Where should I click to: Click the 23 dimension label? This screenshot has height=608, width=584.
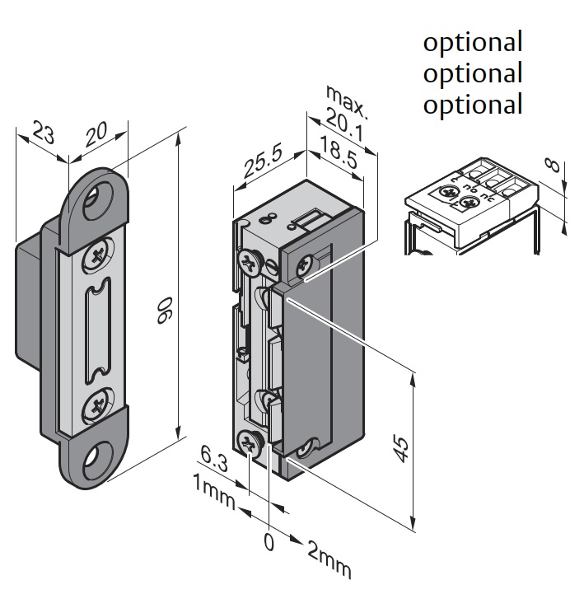[44, 133]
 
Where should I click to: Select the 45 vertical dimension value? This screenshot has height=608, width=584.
[399, 449]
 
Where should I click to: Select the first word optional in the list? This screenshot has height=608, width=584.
[473, 41]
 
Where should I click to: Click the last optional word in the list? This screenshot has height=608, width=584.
[473, 105]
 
